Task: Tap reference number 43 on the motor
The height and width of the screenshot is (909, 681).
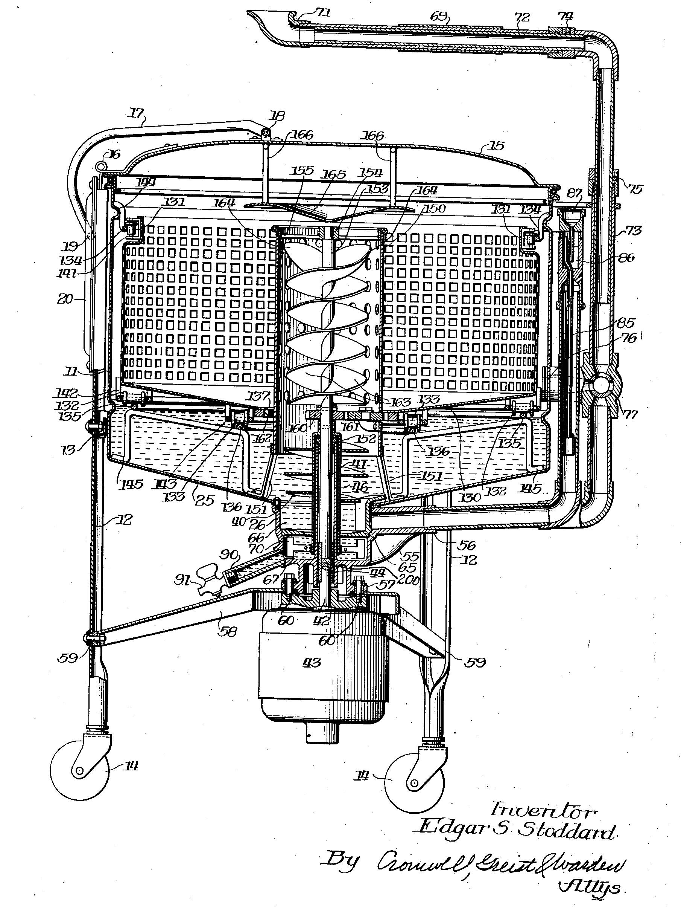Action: tap(312, 662)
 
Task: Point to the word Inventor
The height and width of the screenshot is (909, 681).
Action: tap(544, 811)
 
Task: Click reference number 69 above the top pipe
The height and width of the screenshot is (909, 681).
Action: tap(439, 17)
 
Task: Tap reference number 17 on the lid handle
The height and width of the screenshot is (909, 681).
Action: tap(136, 113)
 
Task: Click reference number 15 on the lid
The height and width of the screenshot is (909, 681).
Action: tap(497, 146)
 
